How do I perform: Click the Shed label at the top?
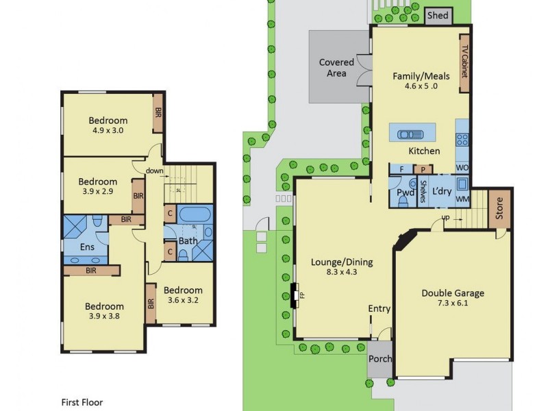coord(437,15)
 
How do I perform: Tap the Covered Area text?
coord(337,68)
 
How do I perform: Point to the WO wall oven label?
coord(462,168)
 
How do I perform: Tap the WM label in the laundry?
coord(462,199)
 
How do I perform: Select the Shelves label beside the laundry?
coord(423,191)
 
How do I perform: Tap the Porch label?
coord(380,360)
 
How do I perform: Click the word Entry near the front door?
coord(379,309)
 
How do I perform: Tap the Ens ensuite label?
coord(88,246)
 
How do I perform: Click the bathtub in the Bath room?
coord(196,214)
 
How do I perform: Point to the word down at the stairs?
coord(153,171)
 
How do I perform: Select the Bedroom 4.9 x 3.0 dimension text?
coord(108,131)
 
